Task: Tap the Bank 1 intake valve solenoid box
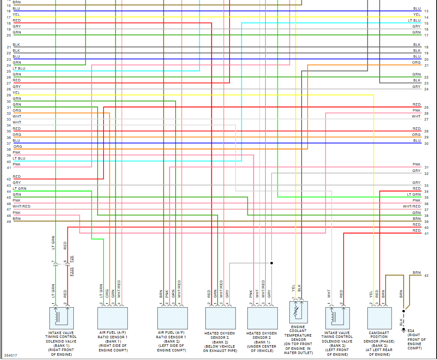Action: click(x=62, y=318)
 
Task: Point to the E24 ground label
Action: click(x=411, y=330)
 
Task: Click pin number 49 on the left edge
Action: click(x=8, y=221)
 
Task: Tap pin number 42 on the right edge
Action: click(x=426, y=276)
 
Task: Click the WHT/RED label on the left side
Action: click(x=21, y=206)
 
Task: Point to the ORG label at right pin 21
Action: click(x=416, y=62)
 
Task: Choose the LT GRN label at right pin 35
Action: click(x=414, y=194)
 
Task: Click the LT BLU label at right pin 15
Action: click(x=414, y=20)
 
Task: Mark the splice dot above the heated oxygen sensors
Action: click(x=272, y=263)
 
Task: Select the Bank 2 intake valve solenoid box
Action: click(x=338, y=318)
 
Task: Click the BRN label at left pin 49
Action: click(x=17, y=219)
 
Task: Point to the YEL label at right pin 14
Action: click(x=417, y=14)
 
